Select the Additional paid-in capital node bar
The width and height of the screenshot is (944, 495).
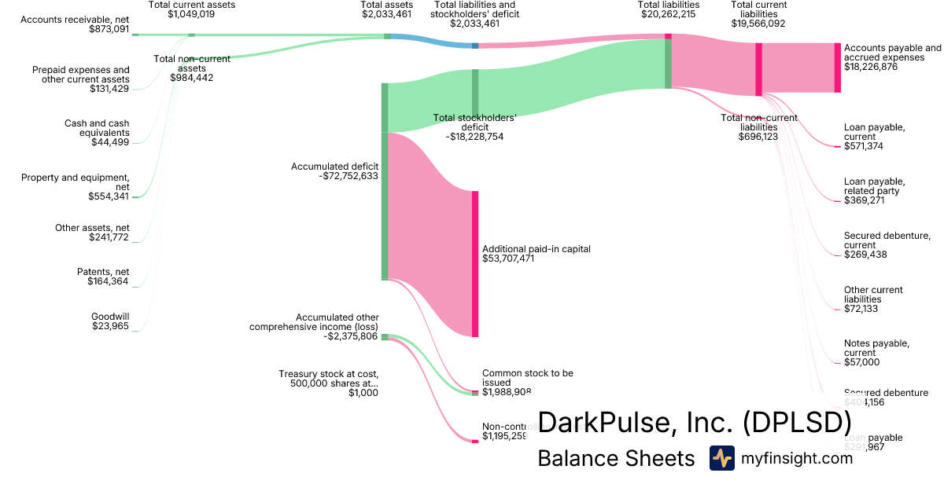(x=475, y=263)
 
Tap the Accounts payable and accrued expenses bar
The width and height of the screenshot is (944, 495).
(x=837, y=68)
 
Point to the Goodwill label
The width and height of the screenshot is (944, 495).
(x=110, y=317)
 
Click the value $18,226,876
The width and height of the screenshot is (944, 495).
(x=870, y=68)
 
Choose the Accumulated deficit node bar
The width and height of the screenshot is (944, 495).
(x=385, y=206)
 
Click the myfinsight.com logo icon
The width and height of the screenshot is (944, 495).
(x=721, y=458)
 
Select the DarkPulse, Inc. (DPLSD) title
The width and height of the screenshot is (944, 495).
(x=694, y=423)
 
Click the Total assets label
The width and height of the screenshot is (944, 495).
(x=386, y=5)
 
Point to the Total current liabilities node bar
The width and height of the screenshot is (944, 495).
(x=758, y=69)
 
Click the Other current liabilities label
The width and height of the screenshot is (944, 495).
(x=873, y=295)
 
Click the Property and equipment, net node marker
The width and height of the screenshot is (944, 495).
(x=135, y=197)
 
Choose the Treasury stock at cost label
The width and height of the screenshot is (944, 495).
(x=329, y=379)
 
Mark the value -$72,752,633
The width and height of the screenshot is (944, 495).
(x=348, y=176)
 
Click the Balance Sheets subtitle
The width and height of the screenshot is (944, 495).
(x=616, y=459)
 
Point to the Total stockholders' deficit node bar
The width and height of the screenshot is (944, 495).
(x=475, y=93)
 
